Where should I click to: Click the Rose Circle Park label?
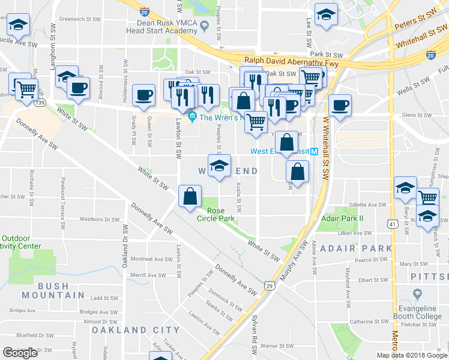(x=220, y=215)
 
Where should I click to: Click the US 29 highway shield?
(x=270, y=287)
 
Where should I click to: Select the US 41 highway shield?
(x=392, y=224)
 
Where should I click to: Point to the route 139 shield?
(x=40, y=103)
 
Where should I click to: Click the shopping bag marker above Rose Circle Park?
(x=190, y=196)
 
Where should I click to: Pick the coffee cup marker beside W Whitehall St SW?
(x=340, y=104)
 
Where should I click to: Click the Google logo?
(x=20, y=353)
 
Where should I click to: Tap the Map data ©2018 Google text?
(x=412, y=355)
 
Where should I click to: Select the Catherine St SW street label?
(x=370, y=322)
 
